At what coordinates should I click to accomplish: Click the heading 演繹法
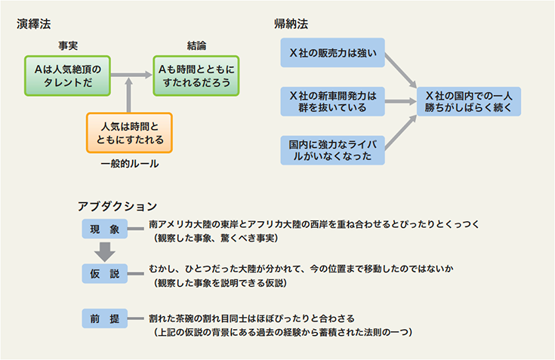pyautogui.click(x=34, y=24)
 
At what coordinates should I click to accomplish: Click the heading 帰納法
pyautogui.click(x=291, y=24)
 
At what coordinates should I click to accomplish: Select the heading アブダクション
pyautogui.click(x=118, y=206)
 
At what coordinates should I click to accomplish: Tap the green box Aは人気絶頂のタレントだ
pyautogui.click(x=68, y=75)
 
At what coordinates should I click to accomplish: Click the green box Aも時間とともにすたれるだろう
pyautogui.click(x=196, y=75)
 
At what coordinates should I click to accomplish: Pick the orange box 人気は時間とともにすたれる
pyautogui.click(x=130, y=133)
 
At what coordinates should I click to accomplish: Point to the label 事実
pyautogui.click(x=68, y=45)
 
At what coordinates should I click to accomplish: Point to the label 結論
pyautogui.click(x=196, y=45)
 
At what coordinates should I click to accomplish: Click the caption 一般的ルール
pyautogui.click(x=130, y=164)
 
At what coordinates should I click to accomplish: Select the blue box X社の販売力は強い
pyautogui.click(x=333, y=53)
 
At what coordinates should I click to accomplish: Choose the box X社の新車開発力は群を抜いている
pyautogui.click(x=333, y=101)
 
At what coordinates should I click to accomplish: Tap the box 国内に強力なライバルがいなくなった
pyautogui.click(x=333, y=150)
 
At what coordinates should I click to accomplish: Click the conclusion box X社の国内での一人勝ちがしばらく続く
pyautogui.click(x=469, y=101)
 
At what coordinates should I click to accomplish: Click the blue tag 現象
pyautogui.click(x=105, y=229)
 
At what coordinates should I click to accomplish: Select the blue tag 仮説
pyautogui.click(x=105, y=274)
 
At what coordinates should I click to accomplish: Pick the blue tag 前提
pyautogui.click(x=105, y=318)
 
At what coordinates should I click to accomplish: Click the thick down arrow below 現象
pyautogui.click(x=105, y=252)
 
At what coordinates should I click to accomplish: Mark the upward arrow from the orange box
pyautogui.click(x=129, y=96)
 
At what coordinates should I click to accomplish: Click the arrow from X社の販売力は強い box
pyautogui.click(x=401, y=70)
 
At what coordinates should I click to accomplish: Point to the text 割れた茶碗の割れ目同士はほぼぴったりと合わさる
pyautogui.click(x=251, y=318)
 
